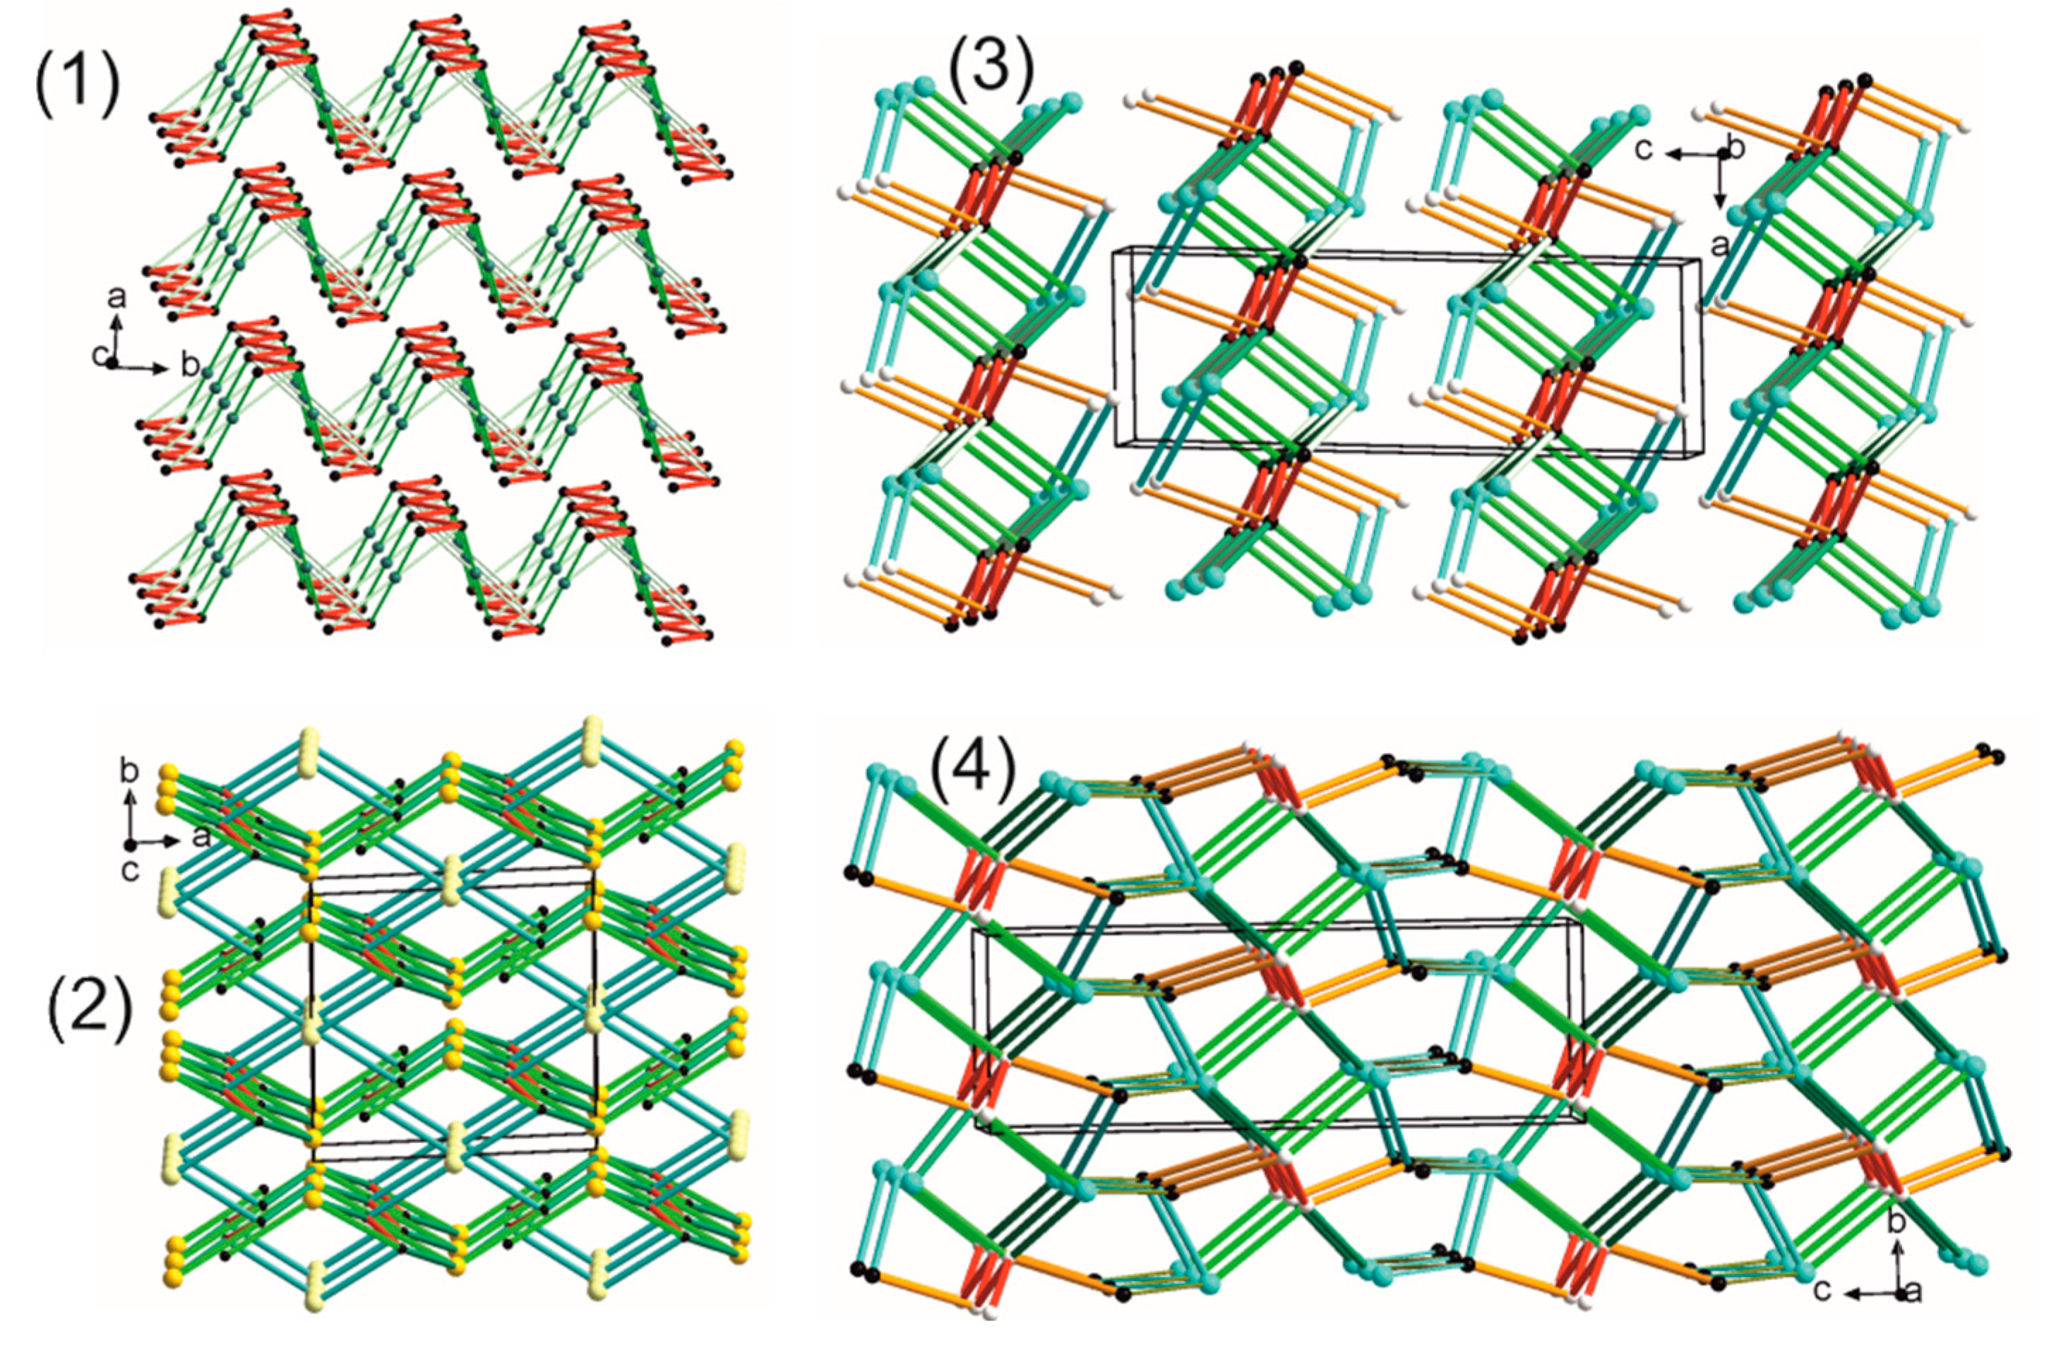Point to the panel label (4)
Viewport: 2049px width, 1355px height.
[971, 762]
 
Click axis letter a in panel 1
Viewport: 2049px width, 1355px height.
[116, 297]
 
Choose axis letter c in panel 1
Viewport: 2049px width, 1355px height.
[100, 355]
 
